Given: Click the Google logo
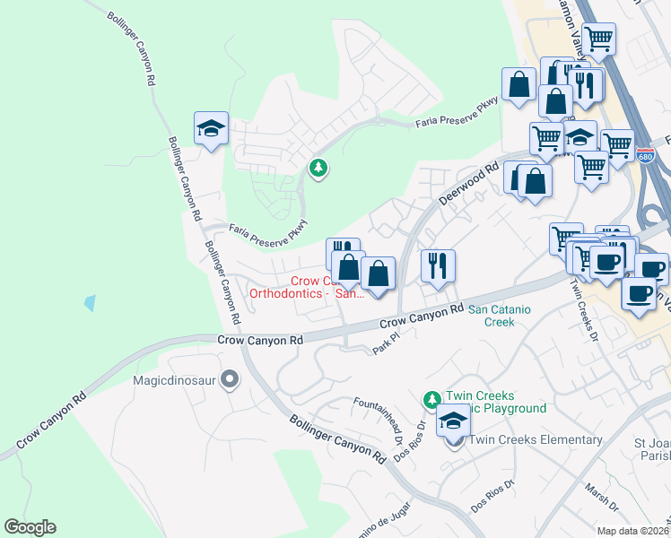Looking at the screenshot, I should tap(30, 527).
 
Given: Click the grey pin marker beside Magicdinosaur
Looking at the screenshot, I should tap(230, 379).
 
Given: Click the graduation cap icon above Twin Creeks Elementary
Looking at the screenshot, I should tap(454, 420).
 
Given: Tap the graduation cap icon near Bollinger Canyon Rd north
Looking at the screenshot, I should tap(211, 129).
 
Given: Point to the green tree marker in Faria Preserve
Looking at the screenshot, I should tap(317, 168).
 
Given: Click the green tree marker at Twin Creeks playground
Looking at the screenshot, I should tap(431, 398).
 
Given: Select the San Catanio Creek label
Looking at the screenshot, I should tap(501, 315).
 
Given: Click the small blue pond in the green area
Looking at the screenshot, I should tap(90, 302).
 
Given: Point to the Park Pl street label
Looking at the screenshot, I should tap(385, 345).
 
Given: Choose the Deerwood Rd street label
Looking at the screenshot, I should tap(468, 185).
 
